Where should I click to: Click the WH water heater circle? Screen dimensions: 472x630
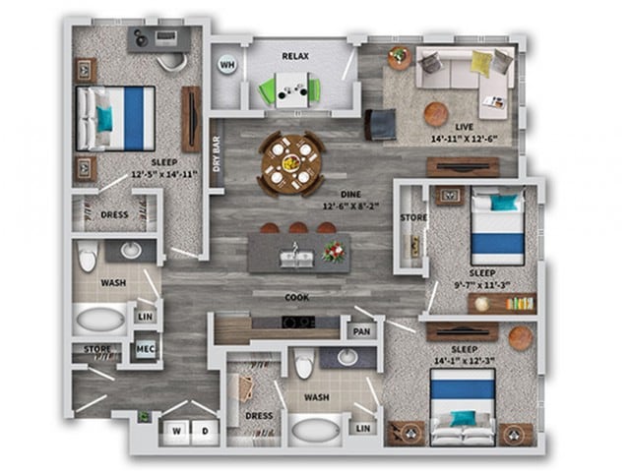(x=226, y=67)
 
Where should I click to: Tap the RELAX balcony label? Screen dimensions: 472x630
(x=294, y=57)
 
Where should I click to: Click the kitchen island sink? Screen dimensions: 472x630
(x=296, y=258)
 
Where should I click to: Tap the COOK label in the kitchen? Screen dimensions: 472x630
(x=297, y=296)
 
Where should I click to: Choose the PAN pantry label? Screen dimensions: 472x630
(x=362, y=332)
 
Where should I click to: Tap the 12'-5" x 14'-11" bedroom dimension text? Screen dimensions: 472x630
(x=165, y=174)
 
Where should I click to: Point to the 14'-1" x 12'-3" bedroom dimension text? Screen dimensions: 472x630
(x=462, y=361)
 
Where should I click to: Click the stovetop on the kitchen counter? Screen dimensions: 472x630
(x=297, y=322)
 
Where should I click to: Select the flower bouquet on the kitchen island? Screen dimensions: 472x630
(x=334, y=251)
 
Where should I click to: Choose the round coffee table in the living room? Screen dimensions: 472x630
(x=436, y=113)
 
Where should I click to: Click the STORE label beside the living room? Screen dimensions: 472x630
(x=412, y=216)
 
